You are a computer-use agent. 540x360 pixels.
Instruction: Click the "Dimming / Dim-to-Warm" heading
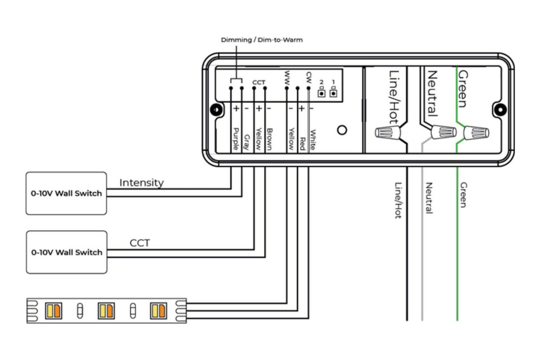pos(262,40)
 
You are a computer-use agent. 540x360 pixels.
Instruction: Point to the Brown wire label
pos(269,139)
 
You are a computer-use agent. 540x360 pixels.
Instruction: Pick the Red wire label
pos(302,142)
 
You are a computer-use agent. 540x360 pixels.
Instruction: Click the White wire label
pos(313,140)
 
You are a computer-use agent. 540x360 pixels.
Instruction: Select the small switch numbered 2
pos(321,93)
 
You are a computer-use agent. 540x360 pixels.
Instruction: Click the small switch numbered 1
pos(333,93)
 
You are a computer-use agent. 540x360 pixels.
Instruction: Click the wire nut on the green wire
pos(476,133)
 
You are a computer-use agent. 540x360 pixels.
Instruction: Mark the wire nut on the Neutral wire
pos(444,132)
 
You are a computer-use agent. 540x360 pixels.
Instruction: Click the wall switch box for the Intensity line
pos(66,193)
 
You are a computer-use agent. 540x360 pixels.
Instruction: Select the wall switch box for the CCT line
pos(66,252)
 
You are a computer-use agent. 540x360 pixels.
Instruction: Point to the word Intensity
pos(141,182)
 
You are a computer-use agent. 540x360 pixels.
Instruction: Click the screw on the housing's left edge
pos(216,109)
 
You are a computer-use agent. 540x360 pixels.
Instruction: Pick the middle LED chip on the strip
pos(106,310)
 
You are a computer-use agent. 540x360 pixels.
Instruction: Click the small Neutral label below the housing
pos(429,198)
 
